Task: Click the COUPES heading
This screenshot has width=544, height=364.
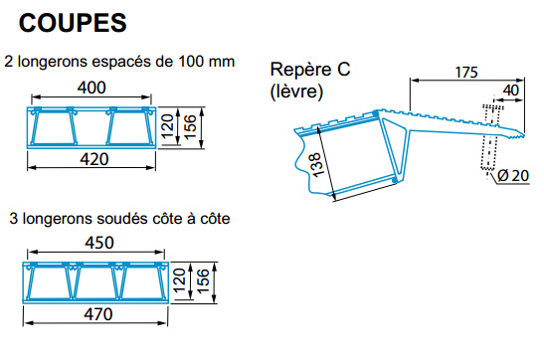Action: tap(73, 23)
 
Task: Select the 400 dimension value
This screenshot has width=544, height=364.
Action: tap(91, 88)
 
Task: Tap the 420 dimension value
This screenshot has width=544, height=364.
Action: tap(94, 159)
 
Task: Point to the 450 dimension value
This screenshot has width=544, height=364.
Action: tap(99, 243)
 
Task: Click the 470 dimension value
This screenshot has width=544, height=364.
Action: tap(98, 314)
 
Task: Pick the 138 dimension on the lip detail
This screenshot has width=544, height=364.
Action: tap(316, 165)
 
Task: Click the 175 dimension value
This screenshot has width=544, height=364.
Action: tap(466, 73)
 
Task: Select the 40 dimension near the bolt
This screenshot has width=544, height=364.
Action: tap(511, 91)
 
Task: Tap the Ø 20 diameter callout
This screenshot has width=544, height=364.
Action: tap(513, 175)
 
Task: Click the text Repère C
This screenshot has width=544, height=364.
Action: tap(310, 69)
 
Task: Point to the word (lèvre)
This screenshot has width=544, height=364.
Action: tap(296, 91)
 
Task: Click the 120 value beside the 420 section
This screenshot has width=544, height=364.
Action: tap(167, 126)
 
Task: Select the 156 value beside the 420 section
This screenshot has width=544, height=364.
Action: tap(190, 127)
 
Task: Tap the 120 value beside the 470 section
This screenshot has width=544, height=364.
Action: tap(179, 280)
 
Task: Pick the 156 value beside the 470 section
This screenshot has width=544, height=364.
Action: tap(203, 281)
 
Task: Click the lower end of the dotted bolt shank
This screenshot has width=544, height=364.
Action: tap(487, 169)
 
